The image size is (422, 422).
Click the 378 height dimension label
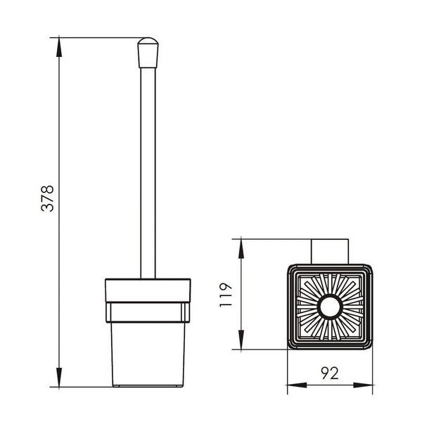48,198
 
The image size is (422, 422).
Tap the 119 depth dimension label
226,295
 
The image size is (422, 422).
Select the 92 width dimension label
330,373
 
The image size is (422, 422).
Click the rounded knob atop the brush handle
148,53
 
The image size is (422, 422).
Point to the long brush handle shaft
148,173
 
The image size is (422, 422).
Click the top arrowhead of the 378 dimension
59,47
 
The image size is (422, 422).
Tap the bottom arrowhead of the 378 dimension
59,377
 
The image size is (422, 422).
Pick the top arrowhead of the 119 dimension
241,248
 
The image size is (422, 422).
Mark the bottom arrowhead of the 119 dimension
241,340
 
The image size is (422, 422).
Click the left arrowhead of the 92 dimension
297,385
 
